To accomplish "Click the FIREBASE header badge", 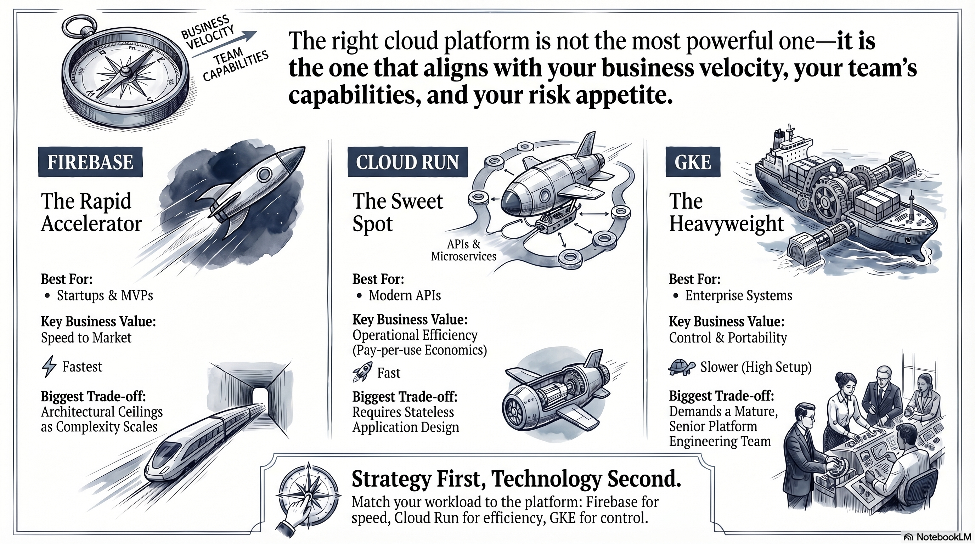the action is pyautogui.click(x=90, y=162).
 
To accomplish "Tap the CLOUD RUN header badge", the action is pyautogui.click(x=408, y=162).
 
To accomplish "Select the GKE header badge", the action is pyautogui.click(x=693, y=162).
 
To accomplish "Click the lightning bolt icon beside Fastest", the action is pyautogui.click(x=49, y=366).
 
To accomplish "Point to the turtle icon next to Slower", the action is pyautogui.click(x=682, y=367).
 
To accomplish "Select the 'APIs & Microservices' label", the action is pyautogui.click(x=463, y=250).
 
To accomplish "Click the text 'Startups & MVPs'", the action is pyautogui.click(x=105, y=295).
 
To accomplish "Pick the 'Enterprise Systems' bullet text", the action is pyautogui.click(x=738, y=295).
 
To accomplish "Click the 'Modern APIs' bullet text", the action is pyautogui.click(x=405, y=295).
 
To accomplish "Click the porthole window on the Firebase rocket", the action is pyautogui.click(x=264, y=174).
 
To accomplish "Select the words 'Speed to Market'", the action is pyautogui.click(x=86, y=338).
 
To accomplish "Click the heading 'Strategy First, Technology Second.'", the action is pyautogui.click(x=516, y=479).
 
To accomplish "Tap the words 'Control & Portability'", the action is pyautogui.click(x=728, y=338).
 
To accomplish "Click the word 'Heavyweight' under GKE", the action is pyautogui.click(x=726, y=224).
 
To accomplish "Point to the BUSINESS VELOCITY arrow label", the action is pyautogui.click(x=207, y=33).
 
